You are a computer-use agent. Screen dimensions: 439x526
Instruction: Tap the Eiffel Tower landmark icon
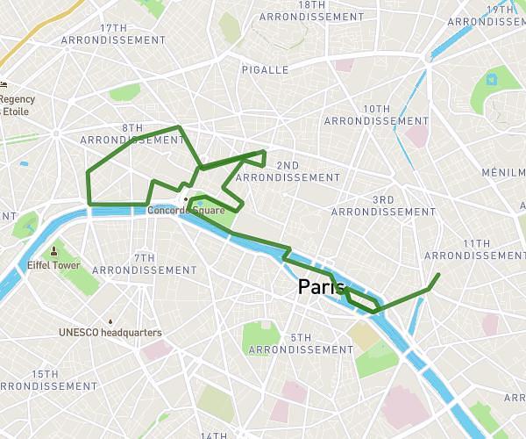coord(53,250)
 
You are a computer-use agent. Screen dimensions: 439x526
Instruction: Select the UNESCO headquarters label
coord(110,333)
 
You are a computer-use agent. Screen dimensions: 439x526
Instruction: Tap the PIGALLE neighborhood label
coord(265,69)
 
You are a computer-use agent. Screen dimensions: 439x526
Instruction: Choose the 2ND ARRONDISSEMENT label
coord(288,171)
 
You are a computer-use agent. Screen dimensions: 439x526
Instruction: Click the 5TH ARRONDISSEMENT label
coord(301,343)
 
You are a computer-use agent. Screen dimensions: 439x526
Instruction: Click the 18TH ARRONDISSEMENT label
coord(312,11)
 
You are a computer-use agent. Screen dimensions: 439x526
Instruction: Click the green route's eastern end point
coord(437,276)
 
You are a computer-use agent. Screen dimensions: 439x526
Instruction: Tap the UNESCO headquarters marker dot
coord(110,321)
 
